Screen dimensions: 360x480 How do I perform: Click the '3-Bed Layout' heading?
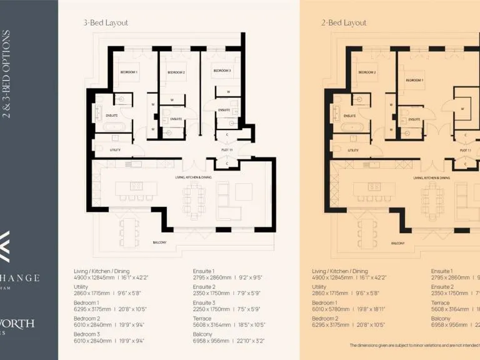[x=106, y=23]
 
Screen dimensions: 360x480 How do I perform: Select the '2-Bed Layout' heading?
[x=344, y=23]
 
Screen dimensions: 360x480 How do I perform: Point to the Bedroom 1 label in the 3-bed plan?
[x=129, y=72]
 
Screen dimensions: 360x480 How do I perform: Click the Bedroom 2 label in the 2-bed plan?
[x=367, y=72]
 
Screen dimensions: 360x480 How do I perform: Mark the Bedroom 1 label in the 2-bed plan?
[x=414, y=80]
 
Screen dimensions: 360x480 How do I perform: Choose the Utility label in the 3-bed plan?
[x=114, y=150]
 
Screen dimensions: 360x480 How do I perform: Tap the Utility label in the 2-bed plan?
[x=352, y=150]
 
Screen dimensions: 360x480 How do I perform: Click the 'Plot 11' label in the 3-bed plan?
[x=227, y=150]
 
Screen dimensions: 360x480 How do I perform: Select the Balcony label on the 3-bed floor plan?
[x=159, y=242]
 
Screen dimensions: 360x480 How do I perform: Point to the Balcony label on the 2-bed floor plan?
[x=397, y=242]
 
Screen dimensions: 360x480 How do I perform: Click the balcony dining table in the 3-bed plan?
[x=129, y=232]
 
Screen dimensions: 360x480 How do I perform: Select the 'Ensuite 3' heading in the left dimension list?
[x=204, y=302]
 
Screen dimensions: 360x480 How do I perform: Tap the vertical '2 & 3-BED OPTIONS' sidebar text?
[x=7, y=74]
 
